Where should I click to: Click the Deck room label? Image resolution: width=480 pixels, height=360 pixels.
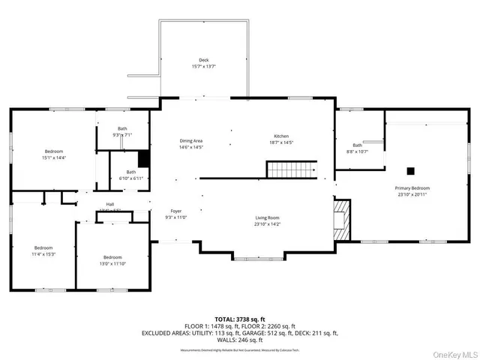203,60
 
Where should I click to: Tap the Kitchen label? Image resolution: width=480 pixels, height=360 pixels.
280,136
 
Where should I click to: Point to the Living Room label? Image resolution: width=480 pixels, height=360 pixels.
267,217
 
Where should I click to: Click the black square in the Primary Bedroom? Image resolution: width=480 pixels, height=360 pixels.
410,169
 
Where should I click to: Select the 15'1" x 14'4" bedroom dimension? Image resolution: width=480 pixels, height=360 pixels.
54,157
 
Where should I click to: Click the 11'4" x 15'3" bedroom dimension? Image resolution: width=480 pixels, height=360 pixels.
43,254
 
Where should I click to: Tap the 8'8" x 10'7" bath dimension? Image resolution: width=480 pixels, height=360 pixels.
358,151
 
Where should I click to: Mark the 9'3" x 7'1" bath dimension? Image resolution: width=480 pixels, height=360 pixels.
122,135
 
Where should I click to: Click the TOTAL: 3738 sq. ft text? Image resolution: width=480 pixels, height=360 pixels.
240,319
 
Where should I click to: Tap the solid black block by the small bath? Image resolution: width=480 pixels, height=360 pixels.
143,159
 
